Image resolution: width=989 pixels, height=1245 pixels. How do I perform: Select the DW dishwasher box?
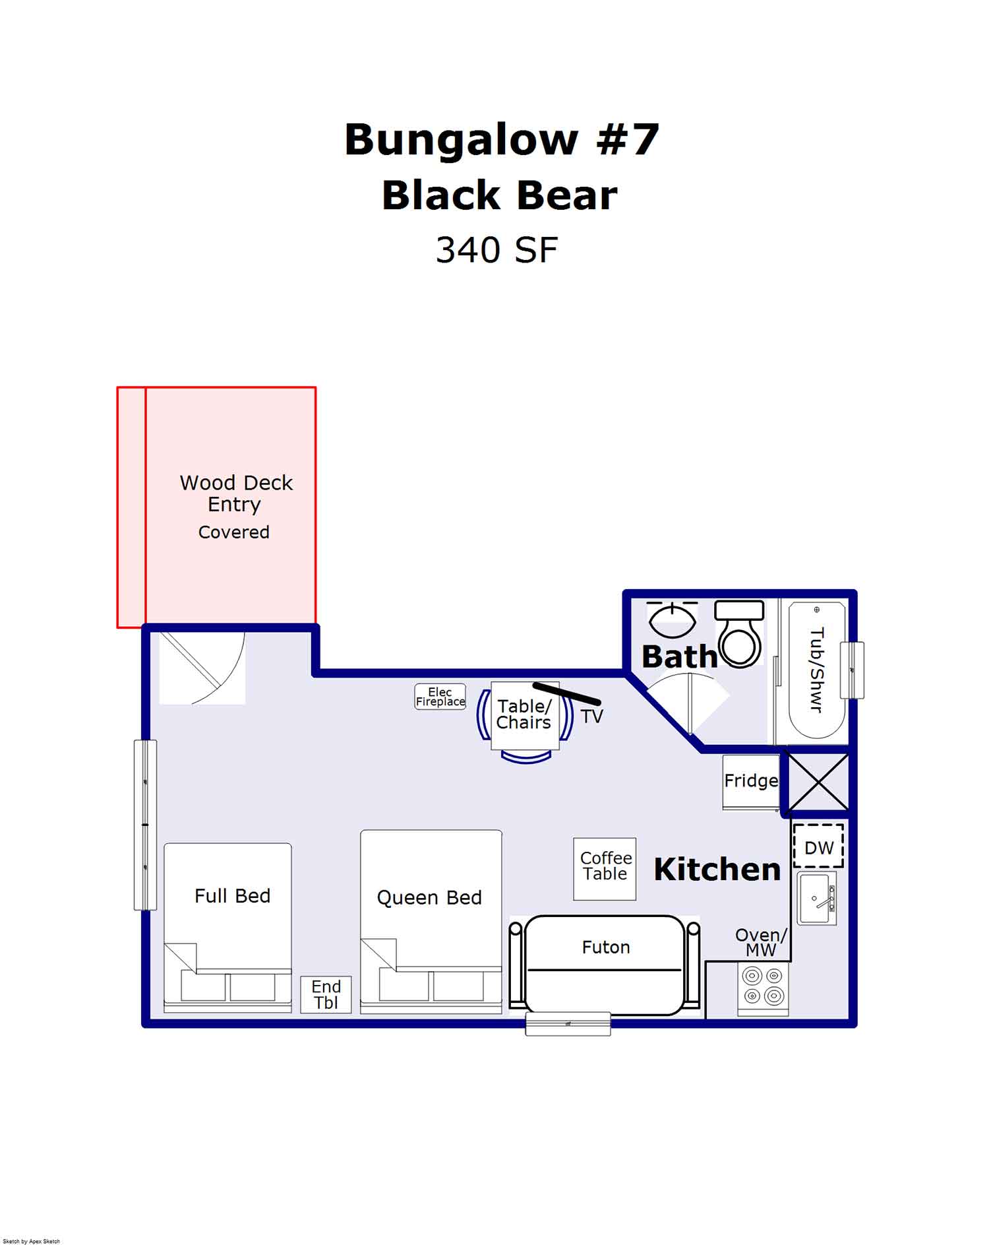click(818, 846)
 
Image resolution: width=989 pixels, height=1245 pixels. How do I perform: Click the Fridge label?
click(751, 781)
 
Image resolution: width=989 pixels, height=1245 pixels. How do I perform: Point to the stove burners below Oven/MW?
click(763, 986)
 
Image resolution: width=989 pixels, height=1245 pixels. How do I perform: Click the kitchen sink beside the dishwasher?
click(816, 898)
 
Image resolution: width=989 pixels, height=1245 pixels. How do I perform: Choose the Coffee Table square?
click(605, 869)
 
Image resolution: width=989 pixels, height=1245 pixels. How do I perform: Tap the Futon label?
click(605, 947)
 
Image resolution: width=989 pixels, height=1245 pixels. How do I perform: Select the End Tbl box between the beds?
click(326, 995)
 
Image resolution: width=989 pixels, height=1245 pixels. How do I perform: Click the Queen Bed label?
click(429, 897)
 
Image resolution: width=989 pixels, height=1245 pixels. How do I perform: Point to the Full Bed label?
click(232, 896)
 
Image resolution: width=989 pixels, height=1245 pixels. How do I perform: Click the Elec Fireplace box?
click(440, 697)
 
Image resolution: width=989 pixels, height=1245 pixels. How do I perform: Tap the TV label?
click(591, 717)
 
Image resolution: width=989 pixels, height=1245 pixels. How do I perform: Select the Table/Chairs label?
click(524, 715)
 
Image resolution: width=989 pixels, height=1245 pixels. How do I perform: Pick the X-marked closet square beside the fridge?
click(818, 782)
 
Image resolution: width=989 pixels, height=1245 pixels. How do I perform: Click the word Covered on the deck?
click(233, 532)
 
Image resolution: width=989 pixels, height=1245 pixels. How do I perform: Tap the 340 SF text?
click(496, 251)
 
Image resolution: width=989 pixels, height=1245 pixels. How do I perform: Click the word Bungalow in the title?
click(461, 140)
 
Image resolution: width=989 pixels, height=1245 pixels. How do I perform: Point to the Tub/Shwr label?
click(816, 670)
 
